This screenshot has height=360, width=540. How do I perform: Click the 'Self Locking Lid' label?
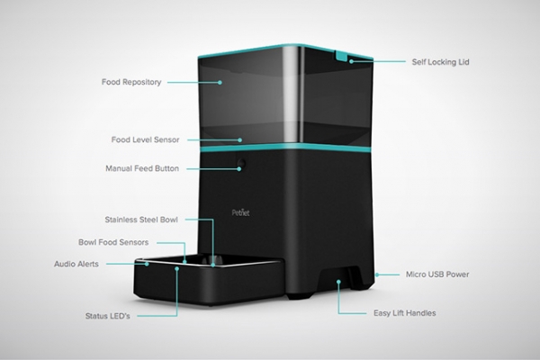(440, 62)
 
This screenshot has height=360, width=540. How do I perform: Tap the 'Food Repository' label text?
(131, 82)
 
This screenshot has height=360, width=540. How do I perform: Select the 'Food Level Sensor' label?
(145, 139)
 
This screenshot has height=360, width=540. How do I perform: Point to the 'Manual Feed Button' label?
(142, 168)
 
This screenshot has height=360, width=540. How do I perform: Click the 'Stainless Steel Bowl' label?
(141, 220)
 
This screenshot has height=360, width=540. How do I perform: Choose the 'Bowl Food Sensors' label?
(113, 242)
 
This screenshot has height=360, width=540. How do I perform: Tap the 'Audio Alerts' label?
(76, 264)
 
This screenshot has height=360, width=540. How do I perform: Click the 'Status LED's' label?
(107, 316)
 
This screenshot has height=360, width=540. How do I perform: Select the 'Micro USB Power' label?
(437, 274)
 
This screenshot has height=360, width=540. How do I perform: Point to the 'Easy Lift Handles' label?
(405, 313)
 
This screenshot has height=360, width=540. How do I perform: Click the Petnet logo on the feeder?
(240, 212)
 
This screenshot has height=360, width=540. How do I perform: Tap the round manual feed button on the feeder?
(241, 163)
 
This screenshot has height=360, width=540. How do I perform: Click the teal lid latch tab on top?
(340, 56)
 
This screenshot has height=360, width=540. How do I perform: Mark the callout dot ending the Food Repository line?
(220, 82)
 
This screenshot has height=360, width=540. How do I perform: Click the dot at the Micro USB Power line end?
(377, 274)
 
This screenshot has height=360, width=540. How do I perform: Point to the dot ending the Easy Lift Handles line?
(338, 282)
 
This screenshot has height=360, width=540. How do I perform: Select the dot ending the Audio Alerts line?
(147, 265)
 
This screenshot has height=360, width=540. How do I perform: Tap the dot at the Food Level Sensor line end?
(240, 139)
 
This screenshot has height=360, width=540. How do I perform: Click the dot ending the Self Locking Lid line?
(351, 62)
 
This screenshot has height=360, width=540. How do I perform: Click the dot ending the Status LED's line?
(177, 268)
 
